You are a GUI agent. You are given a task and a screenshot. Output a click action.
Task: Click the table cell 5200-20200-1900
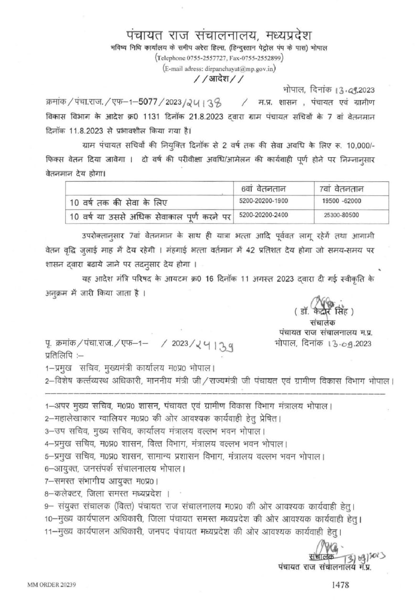click(x=264, y=201)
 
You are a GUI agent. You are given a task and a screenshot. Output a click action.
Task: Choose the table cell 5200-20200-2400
click(x=264, y=215)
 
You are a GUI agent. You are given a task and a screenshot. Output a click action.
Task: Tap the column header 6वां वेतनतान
click(x=263, y=188)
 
